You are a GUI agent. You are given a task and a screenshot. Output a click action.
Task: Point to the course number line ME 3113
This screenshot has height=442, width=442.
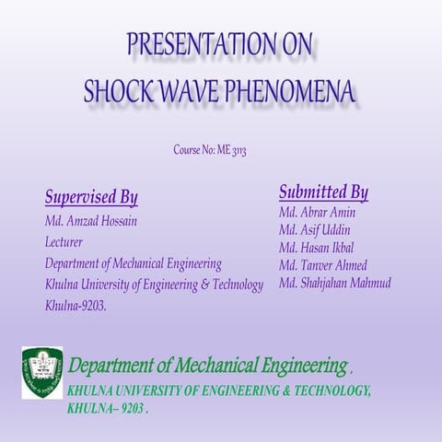click(210, 149)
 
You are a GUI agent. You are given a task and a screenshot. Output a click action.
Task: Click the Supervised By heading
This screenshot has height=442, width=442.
click(91, 197)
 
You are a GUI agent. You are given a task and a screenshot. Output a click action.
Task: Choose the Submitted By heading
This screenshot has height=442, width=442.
click(323, 192)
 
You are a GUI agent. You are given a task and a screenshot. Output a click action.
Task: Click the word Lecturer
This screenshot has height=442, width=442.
click(64, 242)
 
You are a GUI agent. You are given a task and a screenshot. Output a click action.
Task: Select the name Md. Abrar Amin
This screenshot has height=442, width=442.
click(317, 213)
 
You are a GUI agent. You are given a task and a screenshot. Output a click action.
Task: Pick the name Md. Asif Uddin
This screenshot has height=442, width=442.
click(314, 230)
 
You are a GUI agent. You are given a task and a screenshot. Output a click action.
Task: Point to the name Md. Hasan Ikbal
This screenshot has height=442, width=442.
click(316, 248)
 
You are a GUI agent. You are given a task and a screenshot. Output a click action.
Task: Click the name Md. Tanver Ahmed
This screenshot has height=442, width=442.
click(322, 265)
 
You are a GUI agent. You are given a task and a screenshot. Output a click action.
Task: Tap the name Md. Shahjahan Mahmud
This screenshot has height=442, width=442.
click(334, 283)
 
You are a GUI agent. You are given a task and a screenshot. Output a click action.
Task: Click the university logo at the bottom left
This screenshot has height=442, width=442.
click(42, 373)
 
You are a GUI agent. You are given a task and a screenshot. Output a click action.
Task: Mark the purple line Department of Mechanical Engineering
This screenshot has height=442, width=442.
click(133, 263)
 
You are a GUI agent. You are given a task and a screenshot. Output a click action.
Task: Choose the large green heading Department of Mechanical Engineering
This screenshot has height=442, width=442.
click(207, 366)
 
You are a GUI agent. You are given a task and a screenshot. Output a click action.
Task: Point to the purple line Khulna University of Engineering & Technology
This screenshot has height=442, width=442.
click(154, 284)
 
